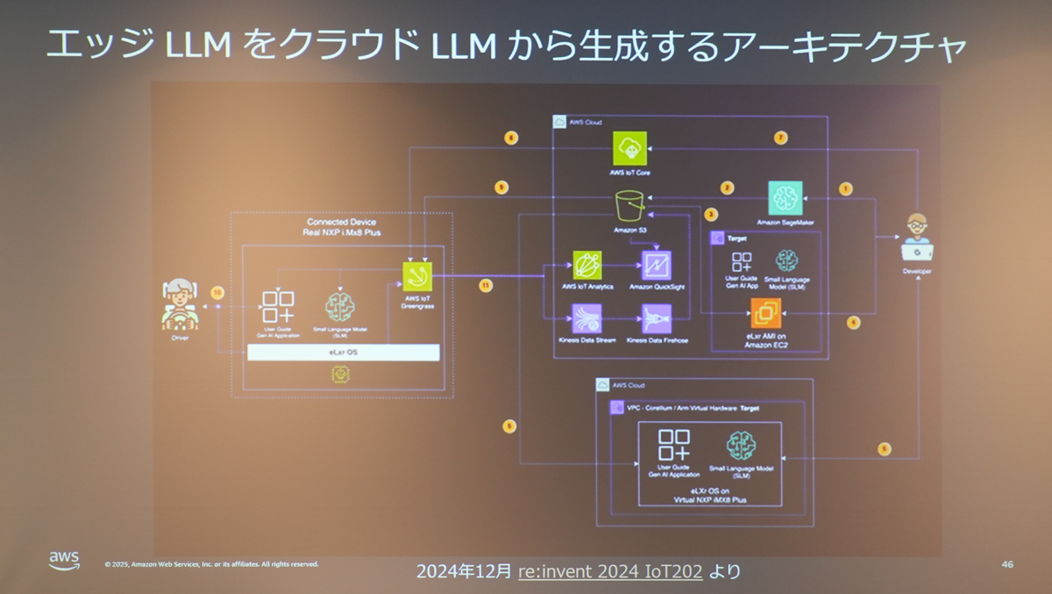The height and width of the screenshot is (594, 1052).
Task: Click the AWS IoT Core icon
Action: point(630,148)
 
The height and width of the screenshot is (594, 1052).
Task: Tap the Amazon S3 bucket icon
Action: point(629,206)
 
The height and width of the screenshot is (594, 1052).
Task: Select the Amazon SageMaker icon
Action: point(785,198)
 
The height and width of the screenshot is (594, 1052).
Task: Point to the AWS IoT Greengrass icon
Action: point(417,276)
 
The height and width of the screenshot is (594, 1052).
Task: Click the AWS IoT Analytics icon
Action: point(586,265)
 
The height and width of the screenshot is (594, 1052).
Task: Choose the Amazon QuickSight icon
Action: point(657,265)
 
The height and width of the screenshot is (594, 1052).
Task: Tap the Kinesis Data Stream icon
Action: point(586,318)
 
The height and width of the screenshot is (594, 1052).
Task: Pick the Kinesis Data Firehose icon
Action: point(657,318)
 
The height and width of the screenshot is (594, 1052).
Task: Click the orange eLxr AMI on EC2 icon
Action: point(765,313)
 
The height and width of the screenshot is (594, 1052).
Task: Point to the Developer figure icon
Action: point(918,237)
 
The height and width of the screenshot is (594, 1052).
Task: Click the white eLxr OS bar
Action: point(343,352)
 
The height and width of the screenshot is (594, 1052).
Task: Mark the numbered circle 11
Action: point(486,285)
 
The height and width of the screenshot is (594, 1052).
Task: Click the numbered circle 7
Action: point(781,137)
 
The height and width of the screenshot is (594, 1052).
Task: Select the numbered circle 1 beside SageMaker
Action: point(845,188)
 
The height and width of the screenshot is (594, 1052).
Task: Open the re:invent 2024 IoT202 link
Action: point(610,572)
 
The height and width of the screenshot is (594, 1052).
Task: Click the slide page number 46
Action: point(1006,564)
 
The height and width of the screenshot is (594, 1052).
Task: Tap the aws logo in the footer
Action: point(64,560)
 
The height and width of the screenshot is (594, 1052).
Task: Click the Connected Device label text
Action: point(341,222)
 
